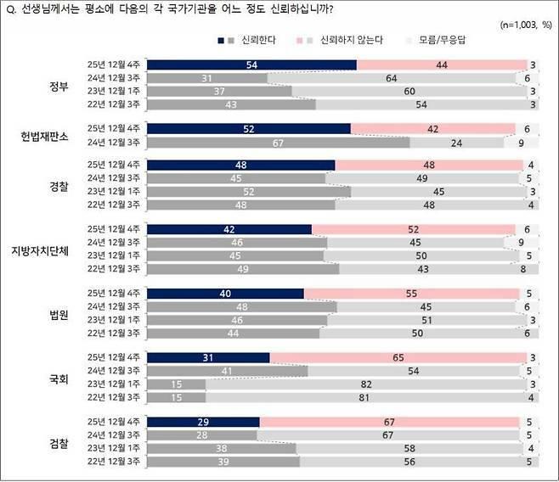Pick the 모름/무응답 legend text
(x=447, y=41)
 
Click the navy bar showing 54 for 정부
(x=252, y=64)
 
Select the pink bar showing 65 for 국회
(x=398, y=358)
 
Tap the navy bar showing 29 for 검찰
(x=204, y=421)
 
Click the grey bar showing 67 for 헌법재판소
(x=279, y=142)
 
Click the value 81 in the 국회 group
(x=363, y=396)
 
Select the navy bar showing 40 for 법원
(x=225, y=293)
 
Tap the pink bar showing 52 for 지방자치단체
(x=413, y=230)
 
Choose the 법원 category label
(x=59, y=312)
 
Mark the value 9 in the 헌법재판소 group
(x=531, y=142)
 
